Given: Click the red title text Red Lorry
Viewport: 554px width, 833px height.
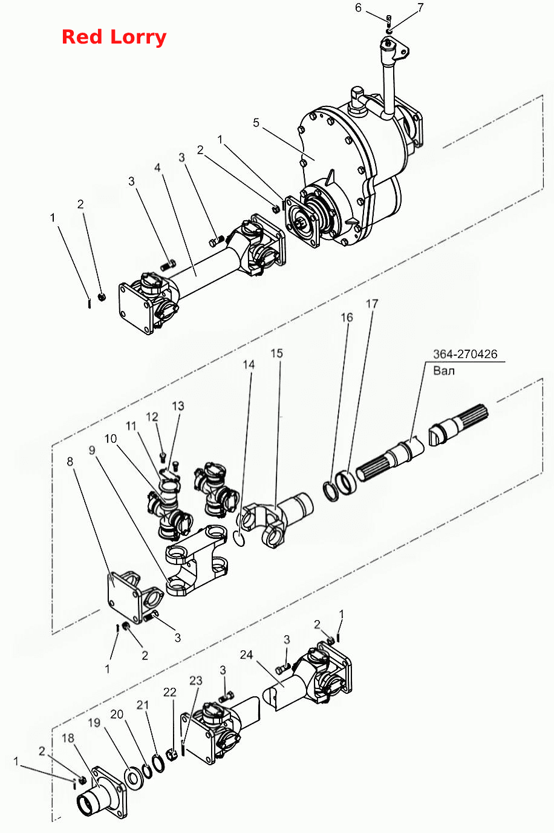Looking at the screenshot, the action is [114, 38].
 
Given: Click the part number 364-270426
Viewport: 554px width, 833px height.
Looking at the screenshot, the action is [465, 354].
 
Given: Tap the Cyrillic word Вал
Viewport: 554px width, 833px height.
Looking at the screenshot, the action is [444, 371].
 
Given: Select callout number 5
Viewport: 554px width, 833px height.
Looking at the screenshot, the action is [256, 123].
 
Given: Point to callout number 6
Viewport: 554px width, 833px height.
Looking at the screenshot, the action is [358, 8].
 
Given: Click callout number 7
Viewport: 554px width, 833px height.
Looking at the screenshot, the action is [420, 8].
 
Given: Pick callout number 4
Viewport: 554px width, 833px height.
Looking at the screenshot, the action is [158, 168].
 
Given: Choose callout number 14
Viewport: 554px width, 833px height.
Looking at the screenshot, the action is [249, 364].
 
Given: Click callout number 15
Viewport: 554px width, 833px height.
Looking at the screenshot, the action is [276, 353].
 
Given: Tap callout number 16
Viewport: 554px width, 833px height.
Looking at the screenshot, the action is [347, 317].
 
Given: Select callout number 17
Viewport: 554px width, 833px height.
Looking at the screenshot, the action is [372, 304].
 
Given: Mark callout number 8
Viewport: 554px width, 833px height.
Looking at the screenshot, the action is [70, 462].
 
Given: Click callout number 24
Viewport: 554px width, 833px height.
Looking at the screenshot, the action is [247, 655].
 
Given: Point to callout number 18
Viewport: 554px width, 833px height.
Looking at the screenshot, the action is [68, 738].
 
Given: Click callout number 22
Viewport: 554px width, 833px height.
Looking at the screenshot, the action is [169, 692].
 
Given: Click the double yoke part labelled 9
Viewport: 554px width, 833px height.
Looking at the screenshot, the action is [197, 558].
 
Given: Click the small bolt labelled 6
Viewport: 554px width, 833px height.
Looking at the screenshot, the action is [388, 18].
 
